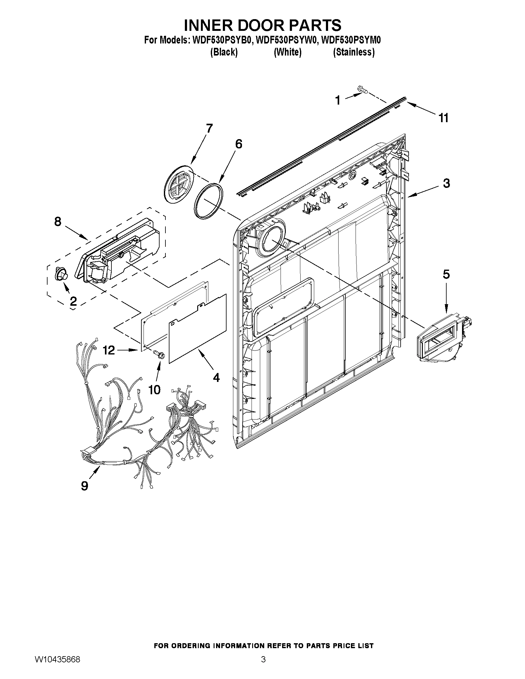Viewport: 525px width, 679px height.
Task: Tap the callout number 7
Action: tap(209, 128)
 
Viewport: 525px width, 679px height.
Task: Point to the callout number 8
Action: tap(58, 222)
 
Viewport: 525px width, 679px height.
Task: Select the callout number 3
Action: tap(446, 184)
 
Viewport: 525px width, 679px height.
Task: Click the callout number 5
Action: tap(446, 274)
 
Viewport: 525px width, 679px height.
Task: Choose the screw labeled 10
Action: tap(159, 354)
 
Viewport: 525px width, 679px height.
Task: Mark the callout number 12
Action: tap(109, 350)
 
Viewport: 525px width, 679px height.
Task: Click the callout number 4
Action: tap(216, 378)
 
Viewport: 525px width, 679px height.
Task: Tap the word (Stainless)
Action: tap(354, 52)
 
